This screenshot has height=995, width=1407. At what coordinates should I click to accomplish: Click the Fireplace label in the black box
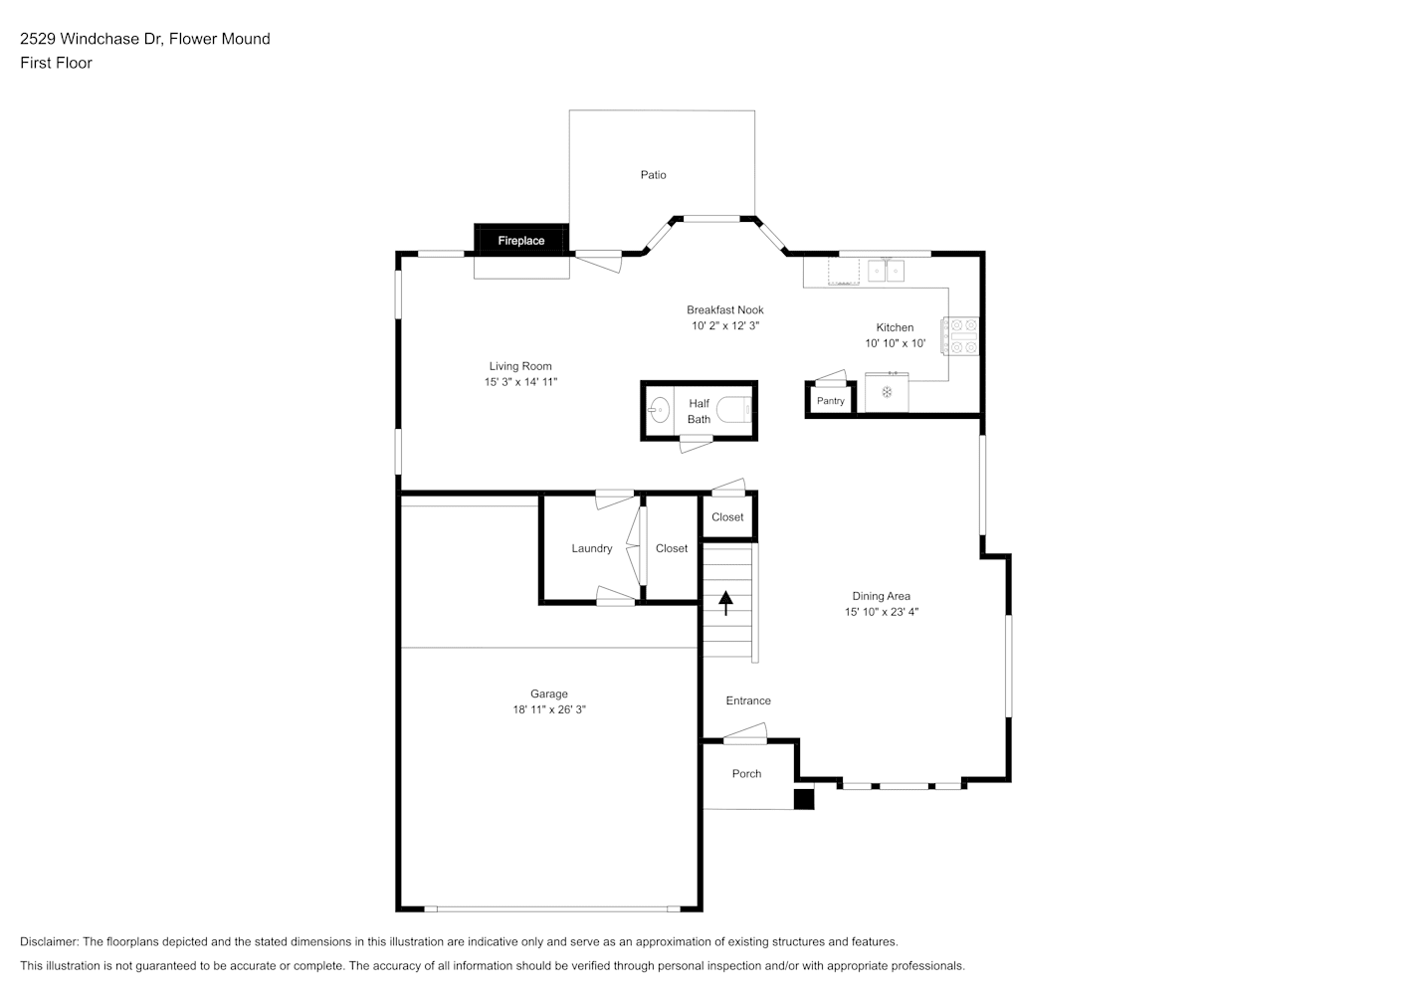[x=520, y=241]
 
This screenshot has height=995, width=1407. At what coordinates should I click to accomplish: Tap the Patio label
[x=653, y=175]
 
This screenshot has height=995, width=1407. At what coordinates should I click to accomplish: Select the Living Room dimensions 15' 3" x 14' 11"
[x=520, y=382]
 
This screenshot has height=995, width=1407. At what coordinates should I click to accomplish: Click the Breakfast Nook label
[x=724, y=309]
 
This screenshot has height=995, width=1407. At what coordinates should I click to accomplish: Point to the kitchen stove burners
[x=961, y=336]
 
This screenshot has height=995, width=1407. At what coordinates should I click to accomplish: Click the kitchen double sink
[x=886, y=271]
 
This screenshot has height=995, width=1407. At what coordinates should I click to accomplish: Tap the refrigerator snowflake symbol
[x=887, y=393]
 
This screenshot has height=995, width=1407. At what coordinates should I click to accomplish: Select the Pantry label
[x=831, y=401]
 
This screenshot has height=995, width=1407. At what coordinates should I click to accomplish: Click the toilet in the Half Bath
[x=734, y=410]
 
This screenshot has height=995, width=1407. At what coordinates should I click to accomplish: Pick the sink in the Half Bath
[x=659, y=410]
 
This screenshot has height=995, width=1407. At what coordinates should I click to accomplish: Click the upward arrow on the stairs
[x=725, y=603]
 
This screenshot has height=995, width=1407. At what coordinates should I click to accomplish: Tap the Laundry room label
[x=592, y=548]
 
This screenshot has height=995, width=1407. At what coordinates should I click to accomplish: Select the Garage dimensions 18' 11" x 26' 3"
[x=549, y=709]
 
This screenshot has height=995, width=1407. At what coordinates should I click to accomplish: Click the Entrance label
[x=748, y=700]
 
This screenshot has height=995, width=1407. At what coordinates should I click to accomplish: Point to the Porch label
[x=746, y=773]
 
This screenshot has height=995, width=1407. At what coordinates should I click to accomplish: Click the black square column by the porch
[x=804, y=799]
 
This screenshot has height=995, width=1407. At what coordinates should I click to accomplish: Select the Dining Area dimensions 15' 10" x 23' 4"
[x=882, y=611]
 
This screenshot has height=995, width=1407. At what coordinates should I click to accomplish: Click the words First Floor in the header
[x=56, y=63]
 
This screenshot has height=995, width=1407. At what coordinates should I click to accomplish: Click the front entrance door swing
[x=745, y=733]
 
